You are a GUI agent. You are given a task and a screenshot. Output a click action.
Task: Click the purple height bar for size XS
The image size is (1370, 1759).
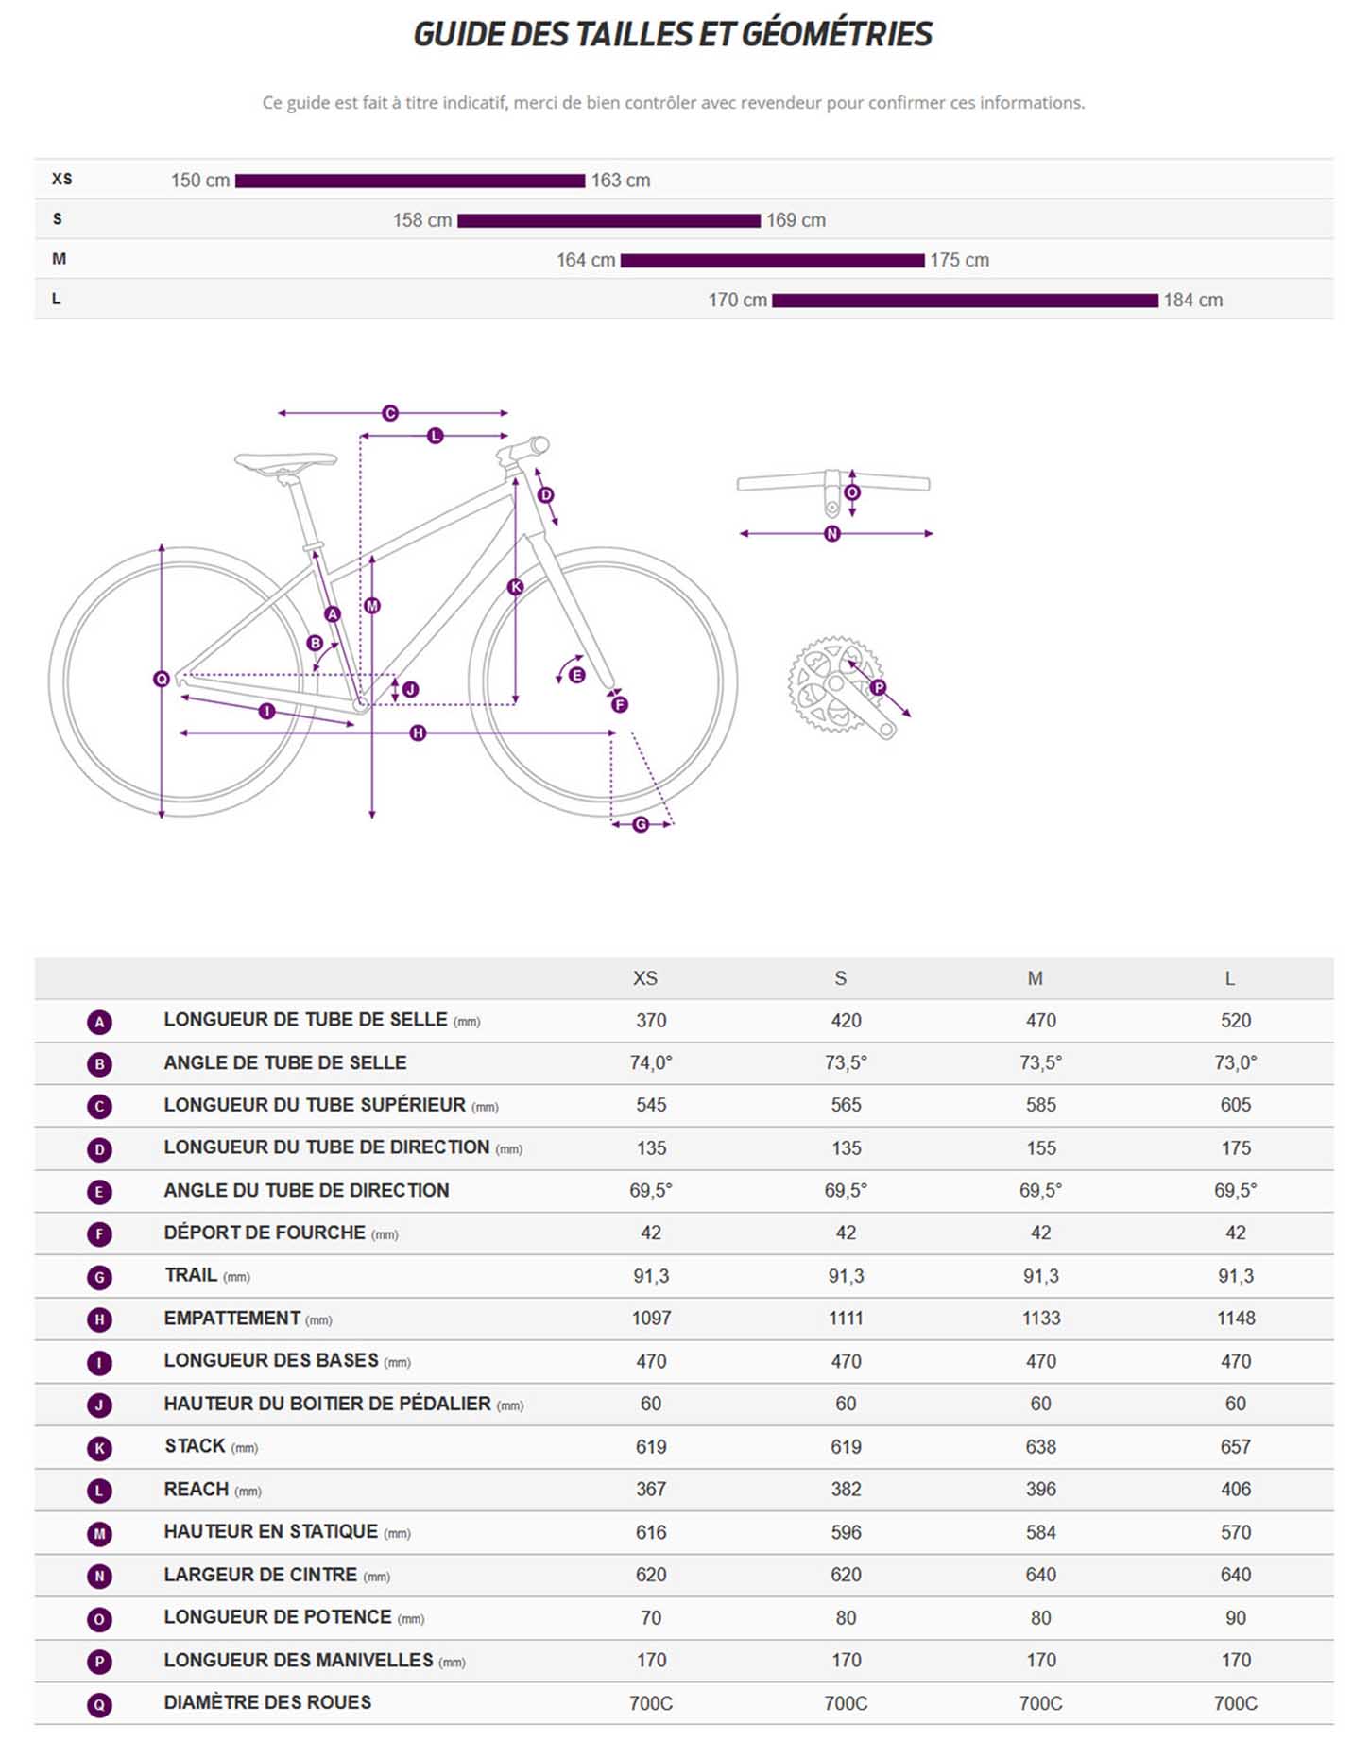pos(409,181)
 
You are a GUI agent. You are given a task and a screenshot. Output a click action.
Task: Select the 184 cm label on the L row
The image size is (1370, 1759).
pos(1192,300)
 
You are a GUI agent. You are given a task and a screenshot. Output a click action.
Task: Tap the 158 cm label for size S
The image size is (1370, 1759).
pos(421,220)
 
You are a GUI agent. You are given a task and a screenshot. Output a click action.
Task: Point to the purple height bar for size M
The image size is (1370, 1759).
pos(772,260)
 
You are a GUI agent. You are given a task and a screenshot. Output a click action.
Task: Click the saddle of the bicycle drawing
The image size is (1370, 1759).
pos(285,460)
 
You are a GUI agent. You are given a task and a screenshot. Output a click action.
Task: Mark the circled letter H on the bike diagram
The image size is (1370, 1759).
pos(418,733)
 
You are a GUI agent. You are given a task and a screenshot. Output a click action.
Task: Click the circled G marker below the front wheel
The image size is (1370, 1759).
pos(641,824)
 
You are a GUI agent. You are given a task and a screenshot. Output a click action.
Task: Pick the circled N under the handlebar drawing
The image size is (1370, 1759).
pos(832,534)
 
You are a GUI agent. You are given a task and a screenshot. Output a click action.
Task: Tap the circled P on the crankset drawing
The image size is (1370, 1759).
pos(878,687)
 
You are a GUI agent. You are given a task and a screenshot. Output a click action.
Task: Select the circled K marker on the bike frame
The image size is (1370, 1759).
pos(515,587)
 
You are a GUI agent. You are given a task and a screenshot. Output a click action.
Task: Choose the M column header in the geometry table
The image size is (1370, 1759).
pos(1036,978)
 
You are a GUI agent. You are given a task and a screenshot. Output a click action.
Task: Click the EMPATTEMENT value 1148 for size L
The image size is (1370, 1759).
pos(1235,1318)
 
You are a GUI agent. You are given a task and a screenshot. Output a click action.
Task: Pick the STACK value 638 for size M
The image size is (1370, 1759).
pos(1040,1446)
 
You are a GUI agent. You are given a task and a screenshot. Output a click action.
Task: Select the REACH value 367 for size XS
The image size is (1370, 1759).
pos(651,1489)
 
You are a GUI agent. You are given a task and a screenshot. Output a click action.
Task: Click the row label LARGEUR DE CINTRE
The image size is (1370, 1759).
pos(261,1575)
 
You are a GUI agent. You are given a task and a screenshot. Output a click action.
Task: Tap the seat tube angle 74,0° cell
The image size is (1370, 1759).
pos(651,1062)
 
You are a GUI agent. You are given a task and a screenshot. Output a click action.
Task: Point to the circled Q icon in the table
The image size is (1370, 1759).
pos(99,1704)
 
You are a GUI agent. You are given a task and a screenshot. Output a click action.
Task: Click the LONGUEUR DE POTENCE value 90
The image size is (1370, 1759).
pos(1235,1617)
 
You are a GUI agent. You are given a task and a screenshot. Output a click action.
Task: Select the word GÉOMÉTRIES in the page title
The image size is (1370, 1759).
pos(836,34)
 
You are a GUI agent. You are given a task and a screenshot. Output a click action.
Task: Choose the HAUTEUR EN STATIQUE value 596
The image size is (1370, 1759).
pos(846,1532)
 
